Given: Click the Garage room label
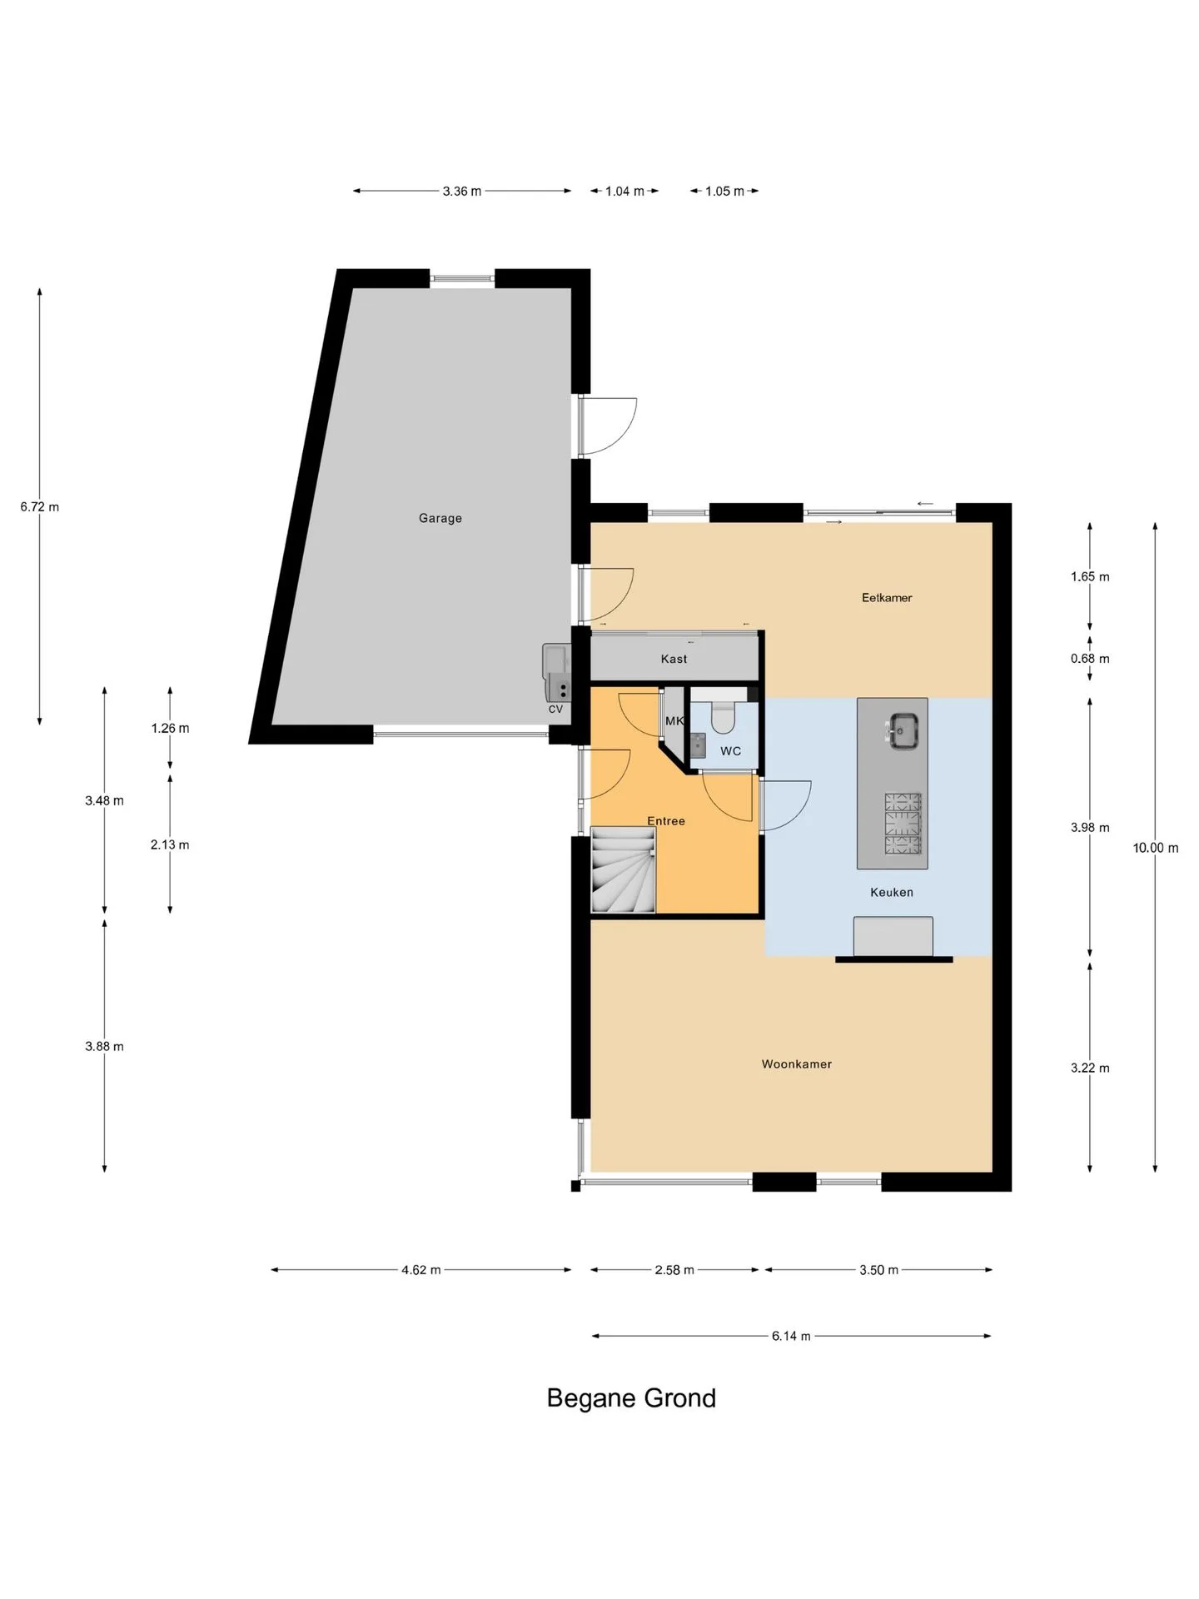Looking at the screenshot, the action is pyautogui.click(x=440, y=518).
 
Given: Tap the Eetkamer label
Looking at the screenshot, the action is pyautogui.click(x=887, y=597).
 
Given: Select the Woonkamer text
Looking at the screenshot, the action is pyautogui.click(x=797, y=1064).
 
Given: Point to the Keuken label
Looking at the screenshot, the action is pyautogui.click(x=892, y=892).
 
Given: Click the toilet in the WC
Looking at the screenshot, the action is pyautogui.click(x=724, y=717).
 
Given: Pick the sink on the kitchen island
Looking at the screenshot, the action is pyautogui.click(x=903, y=730).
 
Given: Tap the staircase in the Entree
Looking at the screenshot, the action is pyautogui.click(x=623, y=869).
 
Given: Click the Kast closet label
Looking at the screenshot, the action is pyautogui.click(x=674, y=659).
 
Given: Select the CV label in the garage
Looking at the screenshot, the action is pyautogui.click(x=555, y=710).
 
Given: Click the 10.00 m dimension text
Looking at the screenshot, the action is pyautogui.click(x=1156, y=848).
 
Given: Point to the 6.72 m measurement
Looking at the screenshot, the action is pyautogui.click(x=40, y=506).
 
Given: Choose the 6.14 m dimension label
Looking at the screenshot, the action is pyautogui.click(x=791, y=1336).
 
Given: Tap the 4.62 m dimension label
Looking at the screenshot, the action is pyautogui.click(x=421, y=1270).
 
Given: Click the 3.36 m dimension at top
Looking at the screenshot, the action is pyautogui.click(x=462, y=191).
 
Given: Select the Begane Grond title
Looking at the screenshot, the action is pyautogui.click(x=631, y=1397).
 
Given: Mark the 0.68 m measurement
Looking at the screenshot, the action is pyautogui.click(x=1090, y=659).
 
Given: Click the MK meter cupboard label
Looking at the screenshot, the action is pyautogui.click(x=674, y=721).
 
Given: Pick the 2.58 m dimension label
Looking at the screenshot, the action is pyautogui.click(x=674, y=1270).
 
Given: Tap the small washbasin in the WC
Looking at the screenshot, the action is pyautogui.click(x=698, y=744).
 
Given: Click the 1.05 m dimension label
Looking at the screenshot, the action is pyautogui.click(x=724, y=191).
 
